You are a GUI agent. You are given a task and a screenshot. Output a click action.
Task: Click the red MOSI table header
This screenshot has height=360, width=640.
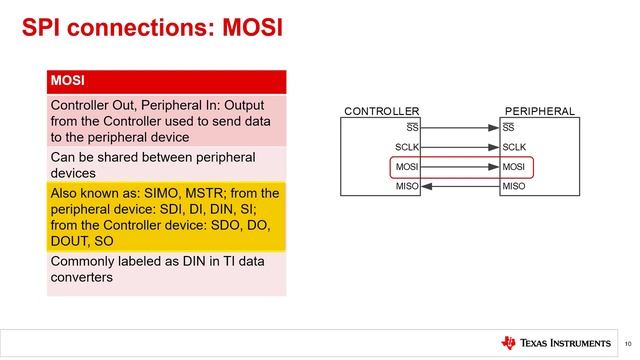tap(166, 81)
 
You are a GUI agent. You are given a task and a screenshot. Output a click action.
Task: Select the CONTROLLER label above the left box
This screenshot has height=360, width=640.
tap(381, 111)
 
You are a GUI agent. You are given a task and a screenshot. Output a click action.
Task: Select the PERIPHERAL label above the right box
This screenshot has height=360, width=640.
tap(540, 111)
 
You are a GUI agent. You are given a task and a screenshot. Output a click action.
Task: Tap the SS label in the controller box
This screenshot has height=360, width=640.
tap(411, 128)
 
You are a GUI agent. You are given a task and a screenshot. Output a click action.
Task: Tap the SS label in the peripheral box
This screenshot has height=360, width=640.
tap(509, 128)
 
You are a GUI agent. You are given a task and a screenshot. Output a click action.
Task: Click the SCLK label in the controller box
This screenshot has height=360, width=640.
tap(406, 147)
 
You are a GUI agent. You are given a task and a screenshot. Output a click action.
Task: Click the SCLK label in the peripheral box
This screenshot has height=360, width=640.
tap(515, 147)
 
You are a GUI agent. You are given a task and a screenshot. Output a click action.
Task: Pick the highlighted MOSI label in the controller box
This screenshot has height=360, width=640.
tap(406, 167)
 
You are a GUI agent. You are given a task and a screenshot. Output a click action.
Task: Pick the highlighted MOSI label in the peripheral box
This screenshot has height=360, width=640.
tap(515, 167)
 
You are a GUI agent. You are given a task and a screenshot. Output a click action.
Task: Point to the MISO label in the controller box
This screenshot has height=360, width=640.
tap(406, 186)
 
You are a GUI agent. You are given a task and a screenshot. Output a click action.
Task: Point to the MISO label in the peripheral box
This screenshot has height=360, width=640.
tap(514, 186)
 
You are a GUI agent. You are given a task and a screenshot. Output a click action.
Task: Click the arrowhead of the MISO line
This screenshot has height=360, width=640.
tap(426, 186)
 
